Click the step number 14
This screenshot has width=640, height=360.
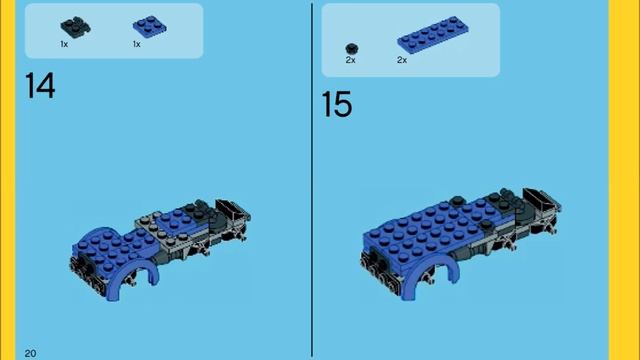(x=40, y=85)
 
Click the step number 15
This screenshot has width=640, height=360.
(x=337, y=104)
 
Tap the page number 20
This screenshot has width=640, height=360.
(x=30, y=353)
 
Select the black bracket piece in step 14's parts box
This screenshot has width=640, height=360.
(x=76, y=27)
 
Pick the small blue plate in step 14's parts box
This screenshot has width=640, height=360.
(x=149, y=27)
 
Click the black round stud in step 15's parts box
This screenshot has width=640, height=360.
(x=351, y=49)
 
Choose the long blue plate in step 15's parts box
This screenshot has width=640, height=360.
(x=433, y=35)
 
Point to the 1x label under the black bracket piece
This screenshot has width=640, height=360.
(x=64, y=44)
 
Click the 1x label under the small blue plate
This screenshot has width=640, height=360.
(x=137, y=44)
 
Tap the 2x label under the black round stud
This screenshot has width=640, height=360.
(x=351, y=60)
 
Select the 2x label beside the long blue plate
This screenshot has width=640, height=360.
(x=402, y=60)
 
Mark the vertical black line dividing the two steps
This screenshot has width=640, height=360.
(x=312, y=180)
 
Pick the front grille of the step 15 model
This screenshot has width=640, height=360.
(x=379, y=269)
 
